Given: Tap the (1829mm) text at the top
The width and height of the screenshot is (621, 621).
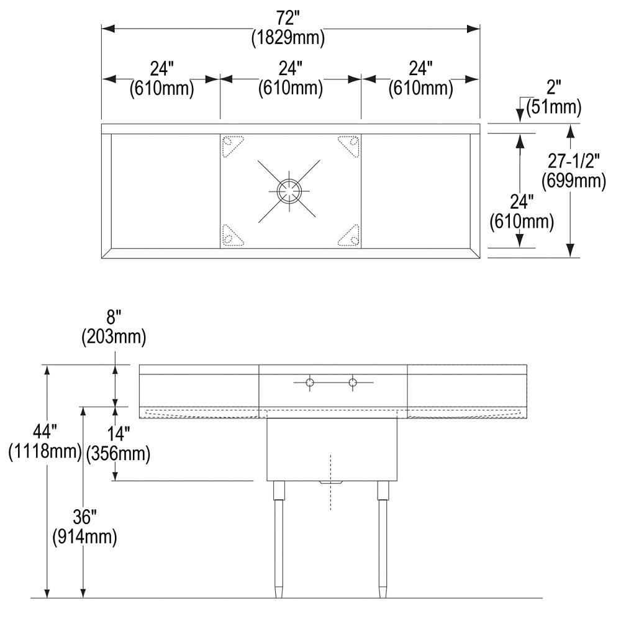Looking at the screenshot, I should (288, 38).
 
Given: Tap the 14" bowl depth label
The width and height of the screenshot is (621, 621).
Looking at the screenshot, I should (118, 435).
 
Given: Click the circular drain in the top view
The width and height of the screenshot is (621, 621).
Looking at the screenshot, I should (288, 191).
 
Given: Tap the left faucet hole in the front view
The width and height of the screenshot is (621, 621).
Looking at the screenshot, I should (309, 383).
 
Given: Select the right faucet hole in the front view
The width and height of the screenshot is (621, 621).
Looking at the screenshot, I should (353, 383).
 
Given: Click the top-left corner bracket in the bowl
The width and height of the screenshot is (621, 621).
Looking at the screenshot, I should (232, 144).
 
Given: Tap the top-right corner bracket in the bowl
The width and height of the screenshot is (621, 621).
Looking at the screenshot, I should (348, 144).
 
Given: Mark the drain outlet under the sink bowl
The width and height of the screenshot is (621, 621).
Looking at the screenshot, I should (330, 483).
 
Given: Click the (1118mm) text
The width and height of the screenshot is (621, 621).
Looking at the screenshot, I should (45, 452).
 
